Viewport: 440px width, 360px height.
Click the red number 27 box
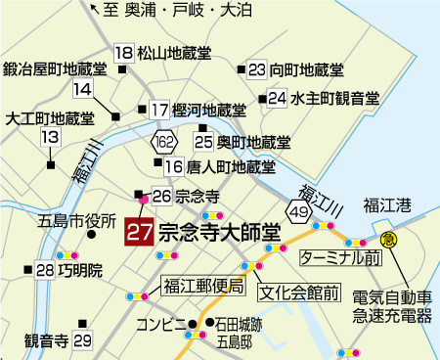pyautogui.click(x=139, y=233)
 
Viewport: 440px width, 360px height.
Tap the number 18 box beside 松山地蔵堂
pyautogui.click(x=123, y=53)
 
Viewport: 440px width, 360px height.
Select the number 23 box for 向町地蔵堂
pyautogui.click(x=257, y=69)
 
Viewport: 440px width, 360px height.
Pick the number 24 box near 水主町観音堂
pyautogui.click(x=278, y=98)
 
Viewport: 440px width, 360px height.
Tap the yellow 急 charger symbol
pyautogui.click(x=388, y=239)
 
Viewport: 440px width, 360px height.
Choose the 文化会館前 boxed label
pyautogui.click(x=299, y=292)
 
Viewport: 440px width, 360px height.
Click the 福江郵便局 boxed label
pyautogui.click(x=202, y=286)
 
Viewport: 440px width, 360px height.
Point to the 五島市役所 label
pyautogui.click(x=77, y=220)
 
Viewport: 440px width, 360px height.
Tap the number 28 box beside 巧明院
pyautogui.click(x=44, y=270)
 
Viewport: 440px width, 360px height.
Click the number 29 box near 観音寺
pyautogui.click(x=82, y=340)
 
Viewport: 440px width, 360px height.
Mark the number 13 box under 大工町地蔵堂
pyautogui.click(x=50, y=138)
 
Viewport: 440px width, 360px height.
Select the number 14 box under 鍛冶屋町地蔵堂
pyautogui.click(x=82, y=89)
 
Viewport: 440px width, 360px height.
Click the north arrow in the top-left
pyautogui.click(x=94, y=12)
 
